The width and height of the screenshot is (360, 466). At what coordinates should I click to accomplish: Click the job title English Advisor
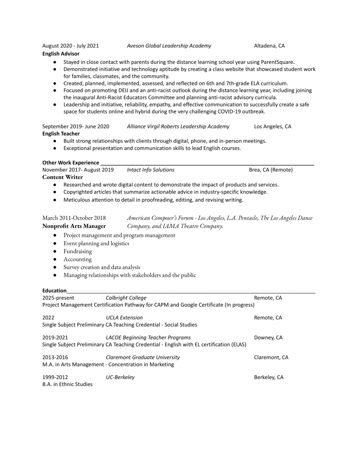(61, 53)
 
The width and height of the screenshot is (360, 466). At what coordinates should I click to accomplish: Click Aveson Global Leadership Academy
(168, 46)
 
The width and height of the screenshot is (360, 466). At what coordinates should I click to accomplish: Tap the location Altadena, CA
(269, 46)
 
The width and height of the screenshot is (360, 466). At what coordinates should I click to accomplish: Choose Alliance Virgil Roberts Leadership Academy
(178, 126)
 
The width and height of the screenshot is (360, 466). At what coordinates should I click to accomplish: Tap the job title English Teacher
(61, 133)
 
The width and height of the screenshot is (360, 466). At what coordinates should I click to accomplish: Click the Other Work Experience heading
(71, 162)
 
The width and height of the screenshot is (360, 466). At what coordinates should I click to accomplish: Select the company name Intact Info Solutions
(150, 169)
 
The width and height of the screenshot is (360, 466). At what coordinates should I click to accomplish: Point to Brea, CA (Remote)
(270, 169)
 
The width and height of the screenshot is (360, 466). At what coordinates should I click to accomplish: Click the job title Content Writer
(62, 177)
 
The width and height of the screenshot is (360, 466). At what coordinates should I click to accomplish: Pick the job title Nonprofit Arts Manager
(74, 225)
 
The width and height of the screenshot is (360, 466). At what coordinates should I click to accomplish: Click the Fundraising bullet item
(77, 251)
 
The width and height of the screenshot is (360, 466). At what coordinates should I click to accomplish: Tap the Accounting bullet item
(77, 259)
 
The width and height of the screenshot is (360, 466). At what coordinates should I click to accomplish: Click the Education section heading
(54, 290)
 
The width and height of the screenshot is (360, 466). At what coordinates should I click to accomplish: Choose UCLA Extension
(124, 317)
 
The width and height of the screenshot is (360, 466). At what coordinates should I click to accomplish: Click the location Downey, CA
(268, 338)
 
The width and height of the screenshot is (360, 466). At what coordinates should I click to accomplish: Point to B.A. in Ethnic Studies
(67, 384)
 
